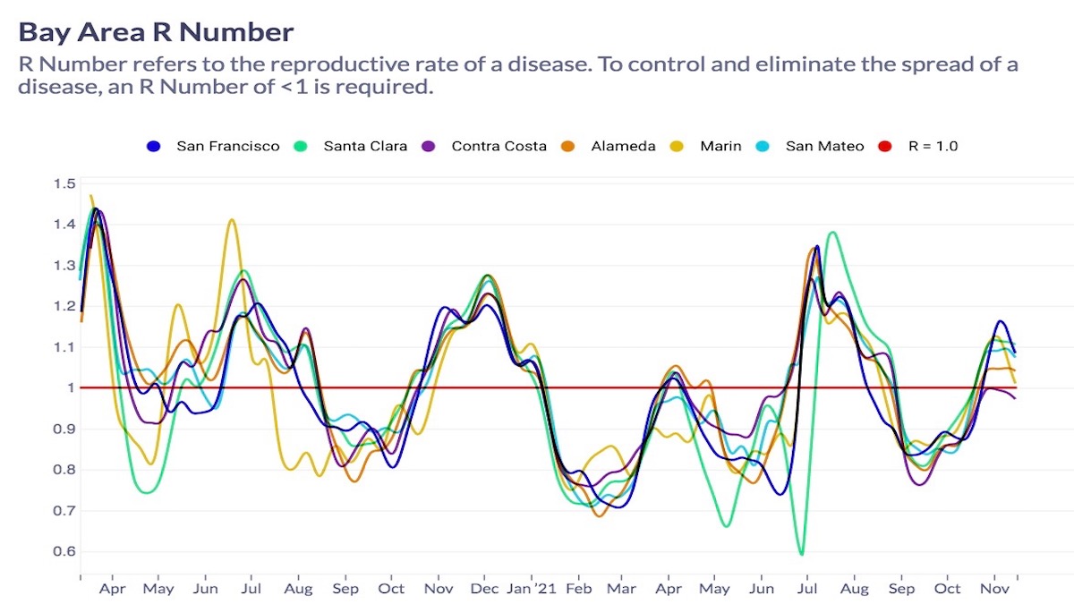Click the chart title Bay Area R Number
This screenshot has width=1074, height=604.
tap(156, 33)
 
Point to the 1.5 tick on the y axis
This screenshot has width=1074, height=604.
tap(64, 183)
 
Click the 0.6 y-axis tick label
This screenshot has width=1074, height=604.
tap(64, 551)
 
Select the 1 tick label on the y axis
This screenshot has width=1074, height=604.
tap(70, 387)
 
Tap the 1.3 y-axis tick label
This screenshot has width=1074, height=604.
tap(64, 265)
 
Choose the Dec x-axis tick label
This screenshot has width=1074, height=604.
tap(484, 589)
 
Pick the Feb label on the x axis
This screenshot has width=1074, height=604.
tap(579, 589)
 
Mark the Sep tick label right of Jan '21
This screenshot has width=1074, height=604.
tap(901, 589)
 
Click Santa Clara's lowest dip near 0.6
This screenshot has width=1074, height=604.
tap(801, 555)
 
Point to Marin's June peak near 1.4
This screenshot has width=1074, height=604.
tap(232, 219)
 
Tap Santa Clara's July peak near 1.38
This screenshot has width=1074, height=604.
tap(833, 233)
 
